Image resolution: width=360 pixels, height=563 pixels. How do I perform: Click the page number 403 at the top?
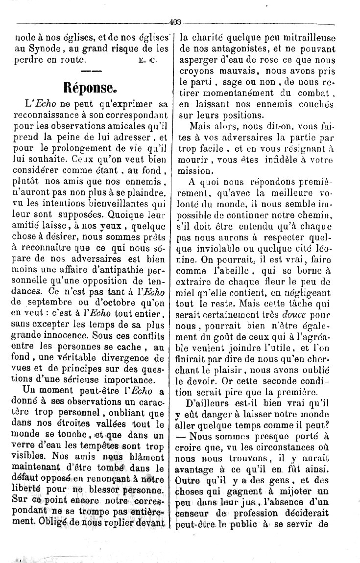click(x=175, y=22)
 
